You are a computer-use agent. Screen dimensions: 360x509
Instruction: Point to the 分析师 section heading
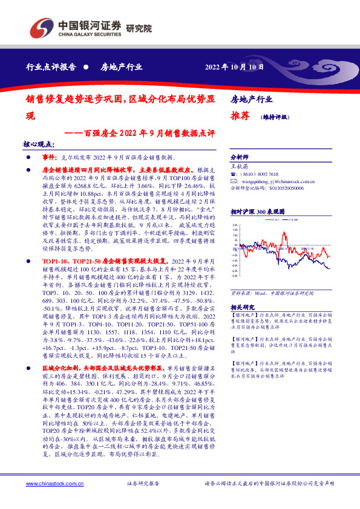tap(241, 156)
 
